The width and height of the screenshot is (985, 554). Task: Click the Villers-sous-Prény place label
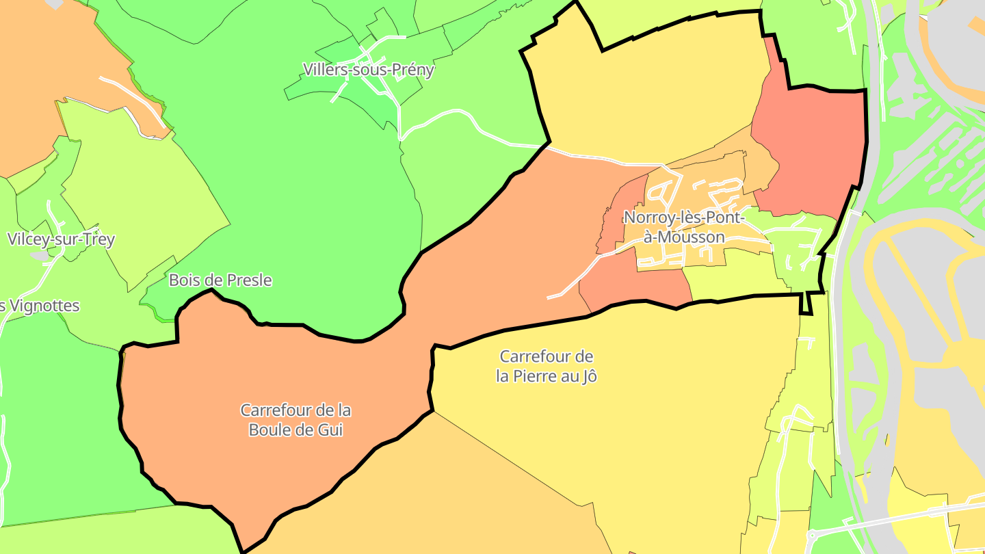[x=369, y=70]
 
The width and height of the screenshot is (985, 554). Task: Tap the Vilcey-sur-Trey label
[x=61, y=239]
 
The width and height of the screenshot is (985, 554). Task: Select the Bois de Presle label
[x=220, y=280]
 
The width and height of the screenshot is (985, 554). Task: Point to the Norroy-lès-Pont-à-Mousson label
[x=674, y=227]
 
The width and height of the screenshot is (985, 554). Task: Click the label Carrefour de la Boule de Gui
[x=295, y=420]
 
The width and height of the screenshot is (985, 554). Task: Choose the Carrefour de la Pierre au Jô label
[x=547, y=366]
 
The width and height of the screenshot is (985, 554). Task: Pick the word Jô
[x=589, y=376]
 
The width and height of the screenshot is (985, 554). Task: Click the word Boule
[x=270, y=430]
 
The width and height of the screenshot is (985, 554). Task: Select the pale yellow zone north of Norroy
[x=650, y=96]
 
